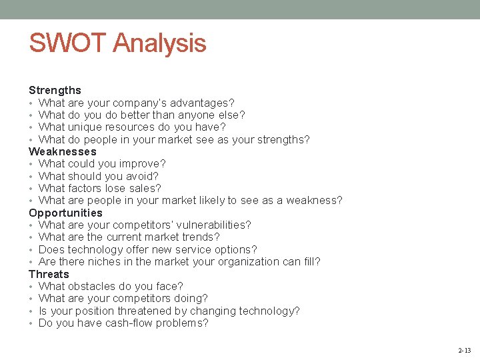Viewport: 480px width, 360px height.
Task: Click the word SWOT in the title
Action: tap(68, 43)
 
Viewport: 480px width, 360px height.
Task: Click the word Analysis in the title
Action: tap(159, 44)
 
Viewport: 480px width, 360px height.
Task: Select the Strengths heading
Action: tap(55, 90)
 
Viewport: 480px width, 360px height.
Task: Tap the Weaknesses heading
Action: tap(63, 151)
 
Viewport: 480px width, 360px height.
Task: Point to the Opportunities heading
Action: tap(65, 213)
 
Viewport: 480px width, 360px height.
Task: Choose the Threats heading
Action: tap(49, 274)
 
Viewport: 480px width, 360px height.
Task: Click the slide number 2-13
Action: tap(464, 350)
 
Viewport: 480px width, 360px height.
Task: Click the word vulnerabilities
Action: tap(214, 225)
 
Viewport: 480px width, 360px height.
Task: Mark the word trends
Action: tap(203, 237)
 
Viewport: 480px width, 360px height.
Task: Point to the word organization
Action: tap(251, 261)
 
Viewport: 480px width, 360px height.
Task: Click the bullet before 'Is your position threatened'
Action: tap(31, 311)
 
